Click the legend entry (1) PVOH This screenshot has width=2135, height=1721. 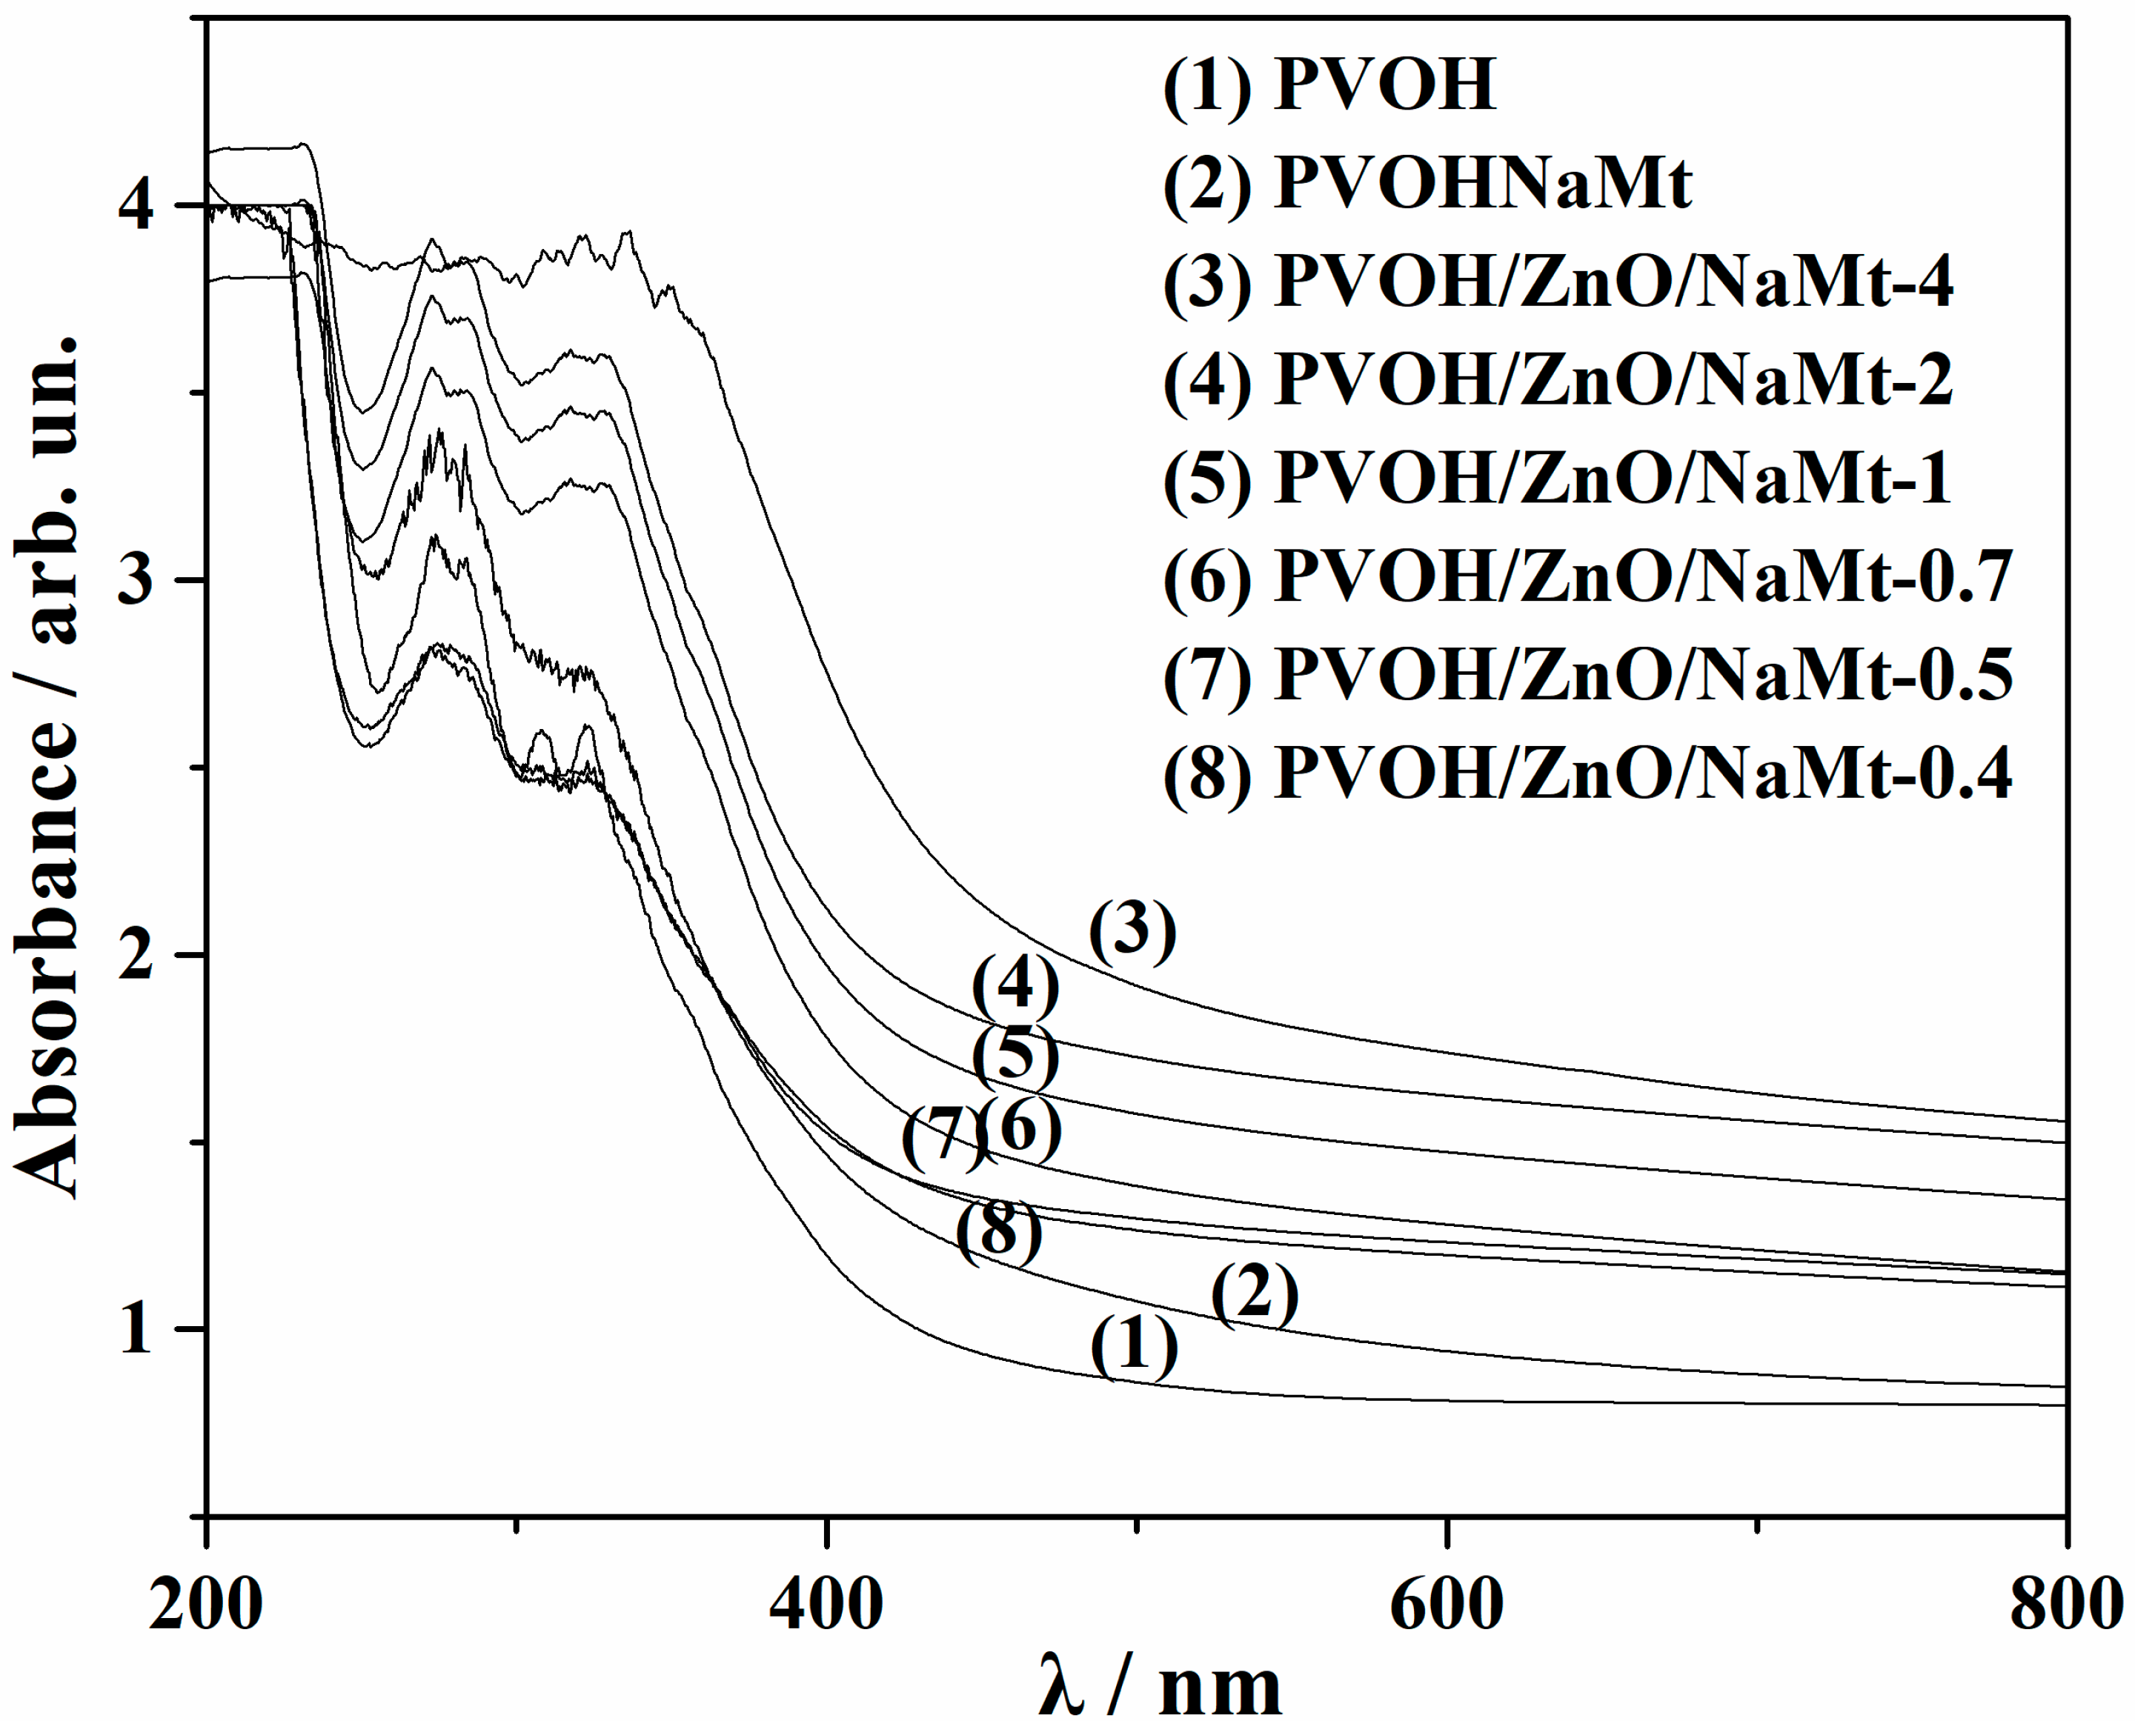(1329, 85)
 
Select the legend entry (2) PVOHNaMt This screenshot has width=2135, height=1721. (1428, 184)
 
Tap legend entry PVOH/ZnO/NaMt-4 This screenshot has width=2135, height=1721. (1558, 282)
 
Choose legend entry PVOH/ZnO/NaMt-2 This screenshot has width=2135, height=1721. (1558, 381)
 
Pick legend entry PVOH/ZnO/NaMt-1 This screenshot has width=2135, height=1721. (1558, 479)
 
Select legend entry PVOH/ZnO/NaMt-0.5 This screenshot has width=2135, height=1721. (1587, 675)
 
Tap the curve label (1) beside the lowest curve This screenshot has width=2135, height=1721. (1135, 1348)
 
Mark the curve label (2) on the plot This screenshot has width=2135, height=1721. (1255, 1295)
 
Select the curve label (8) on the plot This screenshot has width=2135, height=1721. (998, 1232)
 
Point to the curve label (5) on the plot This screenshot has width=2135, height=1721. (1015, 1056)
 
